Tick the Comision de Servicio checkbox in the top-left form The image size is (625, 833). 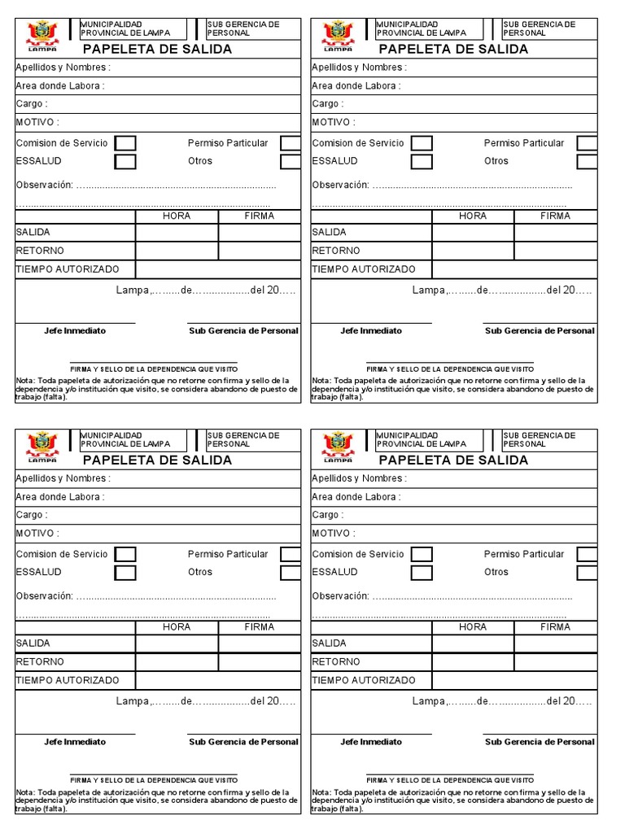[x=125, y=143]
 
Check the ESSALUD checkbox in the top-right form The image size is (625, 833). [x=422, y=161]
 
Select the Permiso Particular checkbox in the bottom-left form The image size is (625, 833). [x=291, y=555]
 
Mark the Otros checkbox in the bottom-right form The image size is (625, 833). [x=587, y=573]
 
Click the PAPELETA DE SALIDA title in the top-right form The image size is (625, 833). [x=453, y=49]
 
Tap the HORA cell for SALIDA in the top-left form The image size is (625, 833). [x=177, y=233]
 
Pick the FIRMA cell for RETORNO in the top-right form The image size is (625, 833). [x=556, y=251]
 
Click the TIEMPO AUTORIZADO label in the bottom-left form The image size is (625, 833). [x=68, y=680]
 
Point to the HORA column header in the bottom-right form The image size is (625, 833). [x=473, y=627]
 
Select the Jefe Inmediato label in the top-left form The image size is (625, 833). [x=75, y=331]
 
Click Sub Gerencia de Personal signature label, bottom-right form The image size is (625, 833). [x=540, y=742]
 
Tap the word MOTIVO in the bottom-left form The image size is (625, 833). [x=37, y=534]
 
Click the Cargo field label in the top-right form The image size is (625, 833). [x=327, y=104]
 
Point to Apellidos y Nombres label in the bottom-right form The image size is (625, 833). [x=359, y=479]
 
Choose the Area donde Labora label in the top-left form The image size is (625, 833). [x=60, y=85]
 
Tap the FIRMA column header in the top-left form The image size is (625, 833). [x=260, y=216]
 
